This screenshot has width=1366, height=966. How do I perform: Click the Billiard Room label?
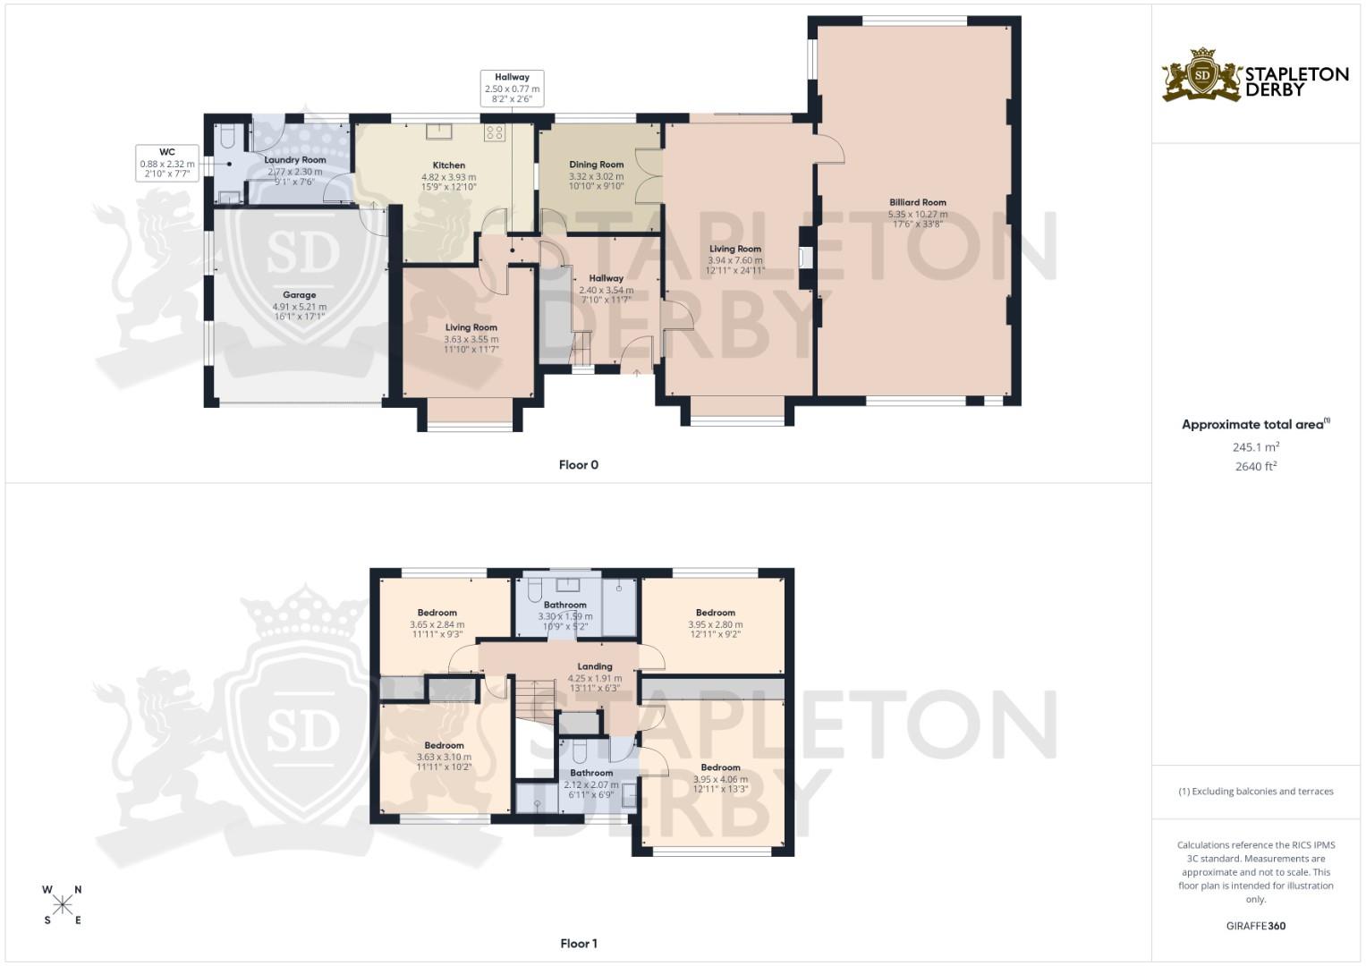[x=917, y=202]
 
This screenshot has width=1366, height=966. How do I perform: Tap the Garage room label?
[x=300, y=295]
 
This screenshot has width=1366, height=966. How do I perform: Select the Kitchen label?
[x=449, y=165]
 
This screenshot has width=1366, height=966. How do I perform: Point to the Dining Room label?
[x=597, y=165]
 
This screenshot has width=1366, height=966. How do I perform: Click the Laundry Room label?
[x=295, y=160]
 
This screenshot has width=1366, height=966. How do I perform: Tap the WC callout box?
[x=166, y=163]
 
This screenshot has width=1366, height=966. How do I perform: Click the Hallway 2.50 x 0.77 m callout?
[x=512, y=89]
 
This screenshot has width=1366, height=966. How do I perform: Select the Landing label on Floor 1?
[x=595, y=666]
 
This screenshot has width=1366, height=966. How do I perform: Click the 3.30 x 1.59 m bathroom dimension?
[x=565, y=616]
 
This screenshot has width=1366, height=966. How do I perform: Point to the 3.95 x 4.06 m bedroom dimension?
[x=720, y=779]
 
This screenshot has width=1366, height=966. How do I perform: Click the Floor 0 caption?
[x=578, y=465]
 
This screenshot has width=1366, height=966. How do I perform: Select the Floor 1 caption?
[x=578, y=944]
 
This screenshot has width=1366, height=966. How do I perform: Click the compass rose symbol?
[x=63, y=904]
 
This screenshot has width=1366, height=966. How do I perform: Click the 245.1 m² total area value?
[x=1256, y=447]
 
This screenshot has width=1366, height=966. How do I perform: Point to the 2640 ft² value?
[x=1256, y=466]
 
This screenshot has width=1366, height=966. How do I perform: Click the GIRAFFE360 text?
[x=1256, y=926]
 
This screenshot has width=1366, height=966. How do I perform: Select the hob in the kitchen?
[x=495, y=133]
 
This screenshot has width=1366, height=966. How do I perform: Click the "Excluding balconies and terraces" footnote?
[x=1256, y=792]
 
